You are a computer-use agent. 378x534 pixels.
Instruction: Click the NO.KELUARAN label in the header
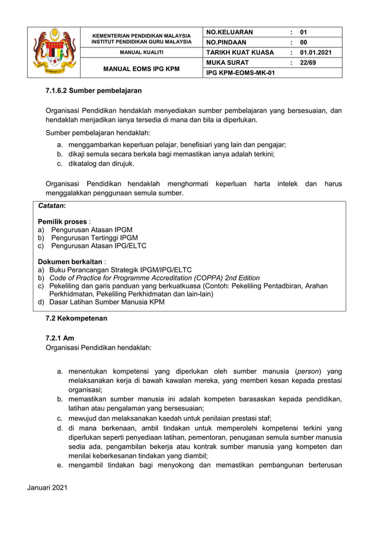click(x=229, y=32)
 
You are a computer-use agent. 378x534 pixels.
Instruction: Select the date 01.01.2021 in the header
click(x=316, y=53)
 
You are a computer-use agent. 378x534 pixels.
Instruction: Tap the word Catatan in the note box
click(x=52, y=206)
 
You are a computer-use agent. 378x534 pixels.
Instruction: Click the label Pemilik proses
click(x=62, y=221)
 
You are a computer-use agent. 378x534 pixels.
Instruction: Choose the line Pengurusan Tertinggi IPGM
click(x=94, y=237)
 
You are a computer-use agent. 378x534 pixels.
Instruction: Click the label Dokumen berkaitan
click(x=71, y=261)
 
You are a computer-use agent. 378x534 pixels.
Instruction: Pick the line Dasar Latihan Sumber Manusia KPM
click(x=107, y=302)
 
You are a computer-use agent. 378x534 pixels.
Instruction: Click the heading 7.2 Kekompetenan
click(x=76, y=319)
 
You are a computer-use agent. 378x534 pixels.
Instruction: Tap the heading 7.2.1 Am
click(x=60, y=337)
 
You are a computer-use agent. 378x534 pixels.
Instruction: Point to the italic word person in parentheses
click(x=308, y=371)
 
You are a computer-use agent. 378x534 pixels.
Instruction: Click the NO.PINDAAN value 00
click(x=304, y=43)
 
